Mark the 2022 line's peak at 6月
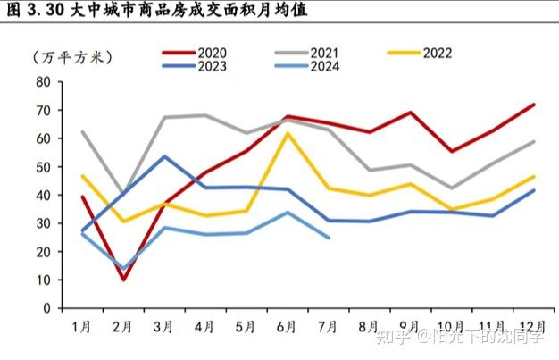click(287, 133)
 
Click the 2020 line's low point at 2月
click(122, 280)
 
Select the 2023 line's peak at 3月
click(164, 156)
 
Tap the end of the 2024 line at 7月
click(330, 238)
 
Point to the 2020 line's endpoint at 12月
click(534, 105)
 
